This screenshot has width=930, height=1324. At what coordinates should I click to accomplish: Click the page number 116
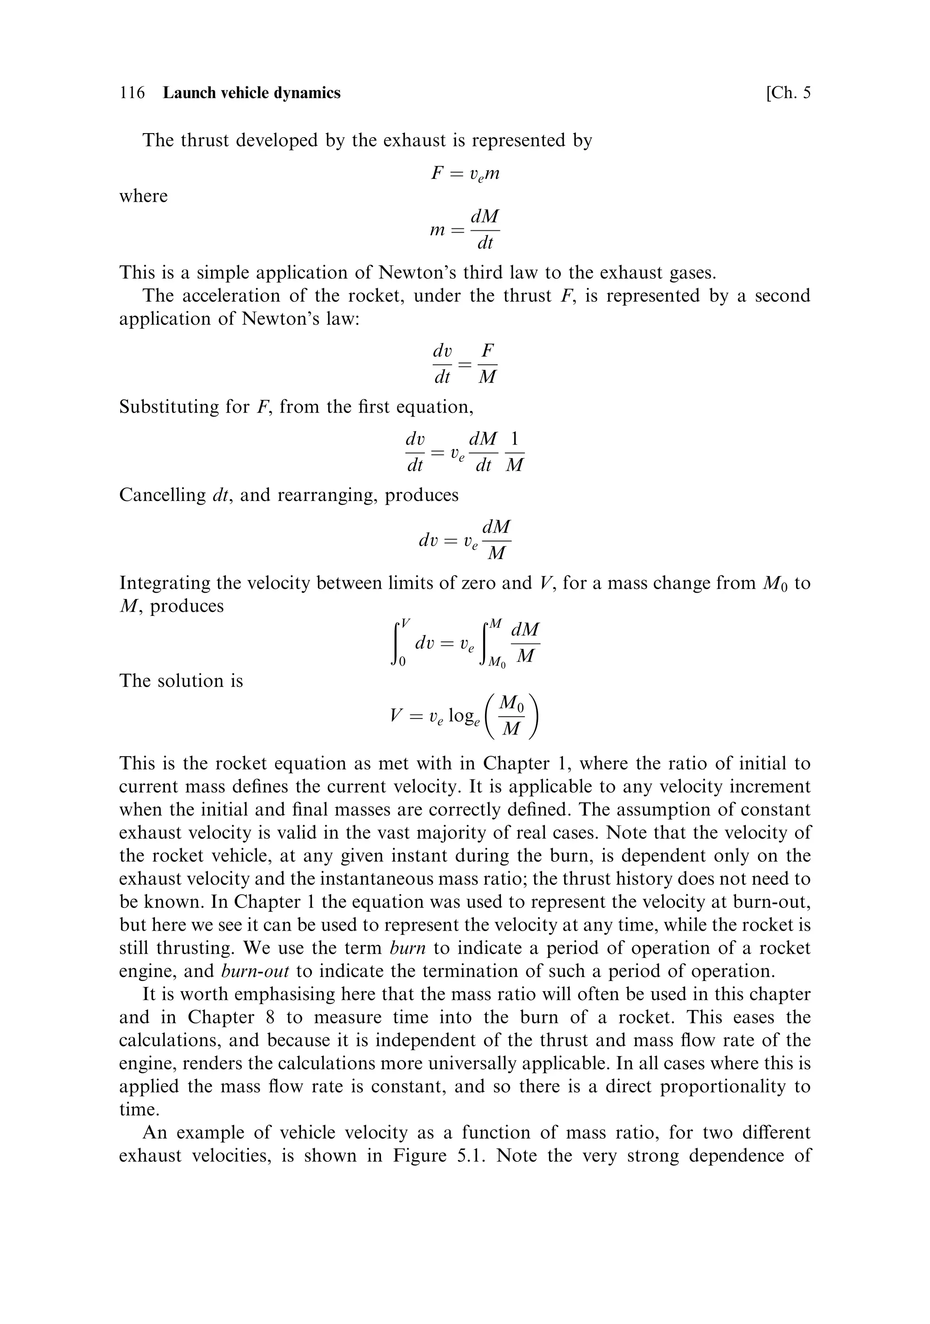[x=132, y=93]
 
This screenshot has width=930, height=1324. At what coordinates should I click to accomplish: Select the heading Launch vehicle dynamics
[x=252, y=93]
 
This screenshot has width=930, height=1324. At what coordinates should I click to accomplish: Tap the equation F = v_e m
[x=465, y=174]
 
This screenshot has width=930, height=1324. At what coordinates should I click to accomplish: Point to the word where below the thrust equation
[x=143, y=196]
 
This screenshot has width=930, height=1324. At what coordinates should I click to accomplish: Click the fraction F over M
[x=488, y=364]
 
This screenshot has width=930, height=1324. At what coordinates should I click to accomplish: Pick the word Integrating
[x=164, y=583]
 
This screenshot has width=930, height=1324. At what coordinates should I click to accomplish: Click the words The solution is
[x=181, y=681]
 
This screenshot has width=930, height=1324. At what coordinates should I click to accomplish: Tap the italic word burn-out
[x=254, y=971]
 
